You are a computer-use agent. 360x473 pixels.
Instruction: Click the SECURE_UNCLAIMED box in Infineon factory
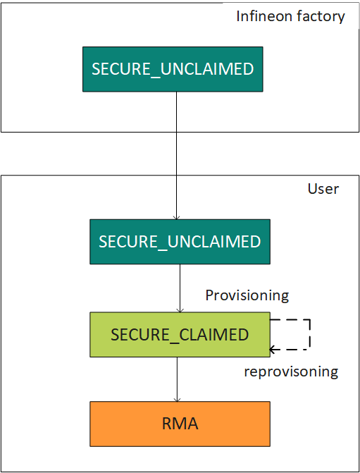click(173, 69)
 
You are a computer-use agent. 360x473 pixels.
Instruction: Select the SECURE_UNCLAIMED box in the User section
click(180, 242)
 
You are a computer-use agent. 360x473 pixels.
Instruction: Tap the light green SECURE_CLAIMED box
click(180, 335)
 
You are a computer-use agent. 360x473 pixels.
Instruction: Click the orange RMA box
click(180, 424)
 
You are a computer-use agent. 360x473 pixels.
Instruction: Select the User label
click(323, 189)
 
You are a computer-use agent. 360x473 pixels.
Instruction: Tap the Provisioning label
click(247, 295)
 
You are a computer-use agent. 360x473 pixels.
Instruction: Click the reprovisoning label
click(291, 371)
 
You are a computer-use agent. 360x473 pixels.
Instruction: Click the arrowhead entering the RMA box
click(177, 400)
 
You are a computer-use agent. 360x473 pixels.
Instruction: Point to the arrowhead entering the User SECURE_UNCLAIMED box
click(176, 218)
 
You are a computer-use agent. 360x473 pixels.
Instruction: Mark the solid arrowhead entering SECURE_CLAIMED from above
click(180, 310)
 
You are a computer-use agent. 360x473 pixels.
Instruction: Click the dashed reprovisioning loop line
click(310, 335)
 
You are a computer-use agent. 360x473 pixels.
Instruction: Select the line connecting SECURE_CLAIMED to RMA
click(177, 379)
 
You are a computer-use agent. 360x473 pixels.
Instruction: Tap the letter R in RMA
click(167, 424)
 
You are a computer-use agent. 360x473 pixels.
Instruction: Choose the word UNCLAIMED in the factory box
click(207, 69)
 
